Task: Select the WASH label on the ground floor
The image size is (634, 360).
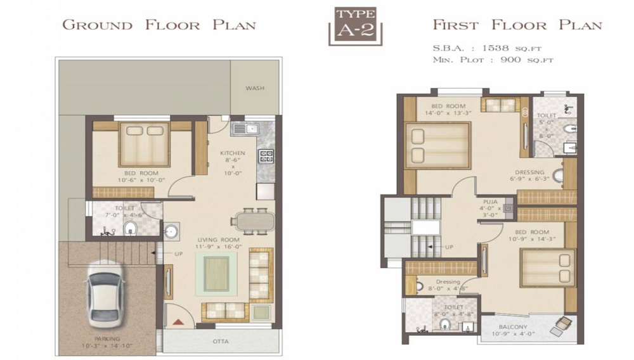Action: [x=255, y=88]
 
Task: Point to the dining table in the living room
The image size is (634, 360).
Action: [x=253, y=221]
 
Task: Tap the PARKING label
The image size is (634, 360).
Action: [x=105, y=339]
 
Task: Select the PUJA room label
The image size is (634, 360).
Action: [x=489, y=201]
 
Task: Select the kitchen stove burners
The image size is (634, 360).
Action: [x=266, y=156]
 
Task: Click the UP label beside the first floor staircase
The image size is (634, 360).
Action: [x=448, y=247]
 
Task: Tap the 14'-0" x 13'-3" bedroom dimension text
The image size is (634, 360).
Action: [x=448, y=114]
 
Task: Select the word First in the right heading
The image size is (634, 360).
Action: [x=459, y=25]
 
